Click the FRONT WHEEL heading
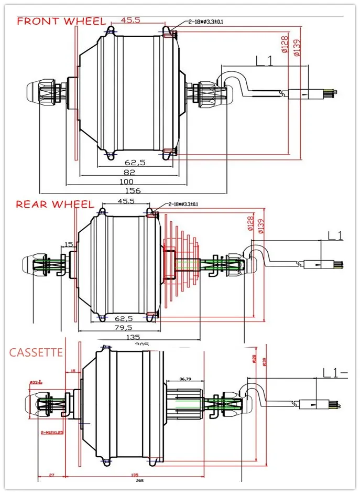61,22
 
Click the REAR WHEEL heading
55,204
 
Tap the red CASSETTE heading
36,352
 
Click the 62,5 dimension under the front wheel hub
135,163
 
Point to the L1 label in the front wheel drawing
265,61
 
